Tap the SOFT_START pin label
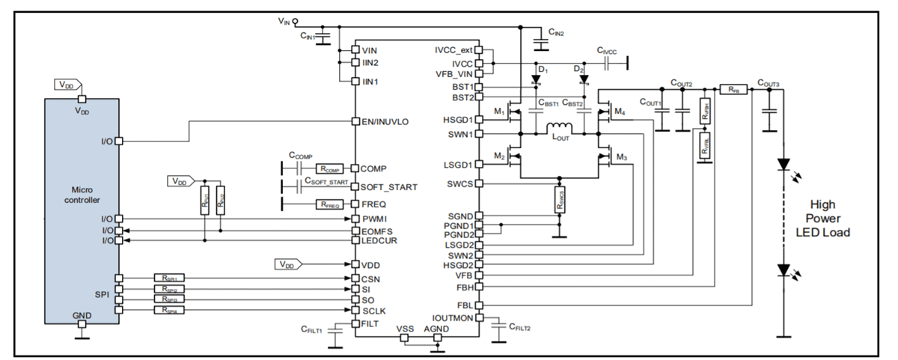[x=389, y=186]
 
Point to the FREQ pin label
[x=373, y=204]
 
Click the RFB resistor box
[x=732, y=88]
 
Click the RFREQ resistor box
[x=329, y=204]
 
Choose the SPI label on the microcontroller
[x=103, y=294]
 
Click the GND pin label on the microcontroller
[x=82, y=316]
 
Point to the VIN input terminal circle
[x=296, y=22]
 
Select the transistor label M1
[x=497, y=112]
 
